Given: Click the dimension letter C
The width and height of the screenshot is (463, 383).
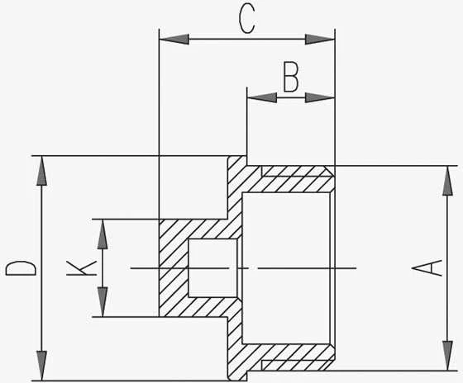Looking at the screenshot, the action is click(246, 20).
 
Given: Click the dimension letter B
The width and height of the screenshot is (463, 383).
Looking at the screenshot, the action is click(291, 77).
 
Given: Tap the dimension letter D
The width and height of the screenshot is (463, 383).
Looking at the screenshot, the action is click(21, 268).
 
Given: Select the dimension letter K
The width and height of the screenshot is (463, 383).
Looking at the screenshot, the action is click(82, 268).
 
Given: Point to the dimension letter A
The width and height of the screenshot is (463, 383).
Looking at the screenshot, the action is click(427, 268).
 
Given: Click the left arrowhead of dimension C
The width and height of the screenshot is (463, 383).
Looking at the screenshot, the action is click(174, 39).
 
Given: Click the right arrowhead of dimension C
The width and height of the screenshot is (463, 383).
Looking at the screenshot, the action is click(320, 39).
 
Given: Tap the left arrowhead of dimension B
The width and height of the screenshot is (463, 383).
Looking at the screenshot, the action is click(262, 97).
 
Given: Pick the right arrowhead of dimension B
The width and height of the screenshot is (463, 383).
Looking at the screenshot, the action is click(320, 97).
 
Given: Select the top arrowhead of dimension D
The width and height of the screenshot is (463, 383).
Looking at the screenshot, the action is click(41, 171).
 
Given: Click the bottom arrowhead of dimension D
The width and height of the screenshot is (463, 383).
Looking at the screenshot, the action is click(41, 366).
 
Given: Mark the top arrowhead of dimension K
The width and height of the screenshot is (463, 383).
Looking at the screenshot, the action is click(103, 234).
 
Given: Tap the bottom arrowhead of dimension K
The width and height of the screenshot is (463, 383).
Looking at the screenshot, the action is click(103, 302).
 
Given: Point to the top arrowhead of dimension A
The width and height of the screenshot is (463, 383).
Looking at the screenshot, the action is click(447, 181).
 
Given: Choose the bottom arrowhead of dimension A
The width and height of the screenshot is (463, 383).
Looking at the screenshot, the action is click(447, 356).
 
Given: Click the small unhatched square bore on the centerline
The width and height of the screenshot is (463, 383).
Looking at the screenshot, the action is click(212, 268).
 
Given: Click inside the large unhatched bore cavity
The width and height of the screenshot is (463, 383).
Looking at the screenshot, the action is click(286, 268).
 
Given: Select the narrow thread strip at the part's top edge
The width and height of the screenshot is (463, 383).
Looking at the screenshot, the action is click(298, 172).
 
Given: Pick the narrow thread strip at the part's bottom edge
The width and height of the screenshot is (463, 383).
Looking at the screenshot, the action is click(298, 365).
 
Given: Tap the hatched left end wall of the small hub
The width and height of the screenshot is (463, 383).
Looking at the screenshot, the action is click(174, 268).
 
